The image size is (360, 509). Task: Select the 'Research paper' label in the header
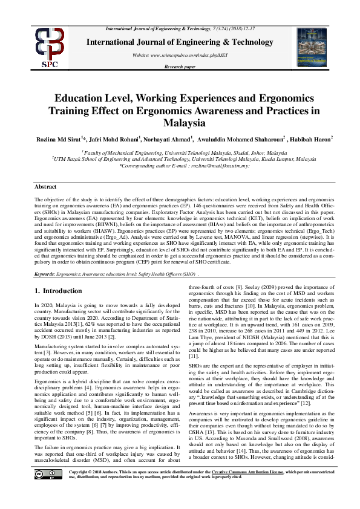coord(180,66)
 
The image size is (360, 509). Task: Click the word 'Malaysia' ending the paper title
coord(180,123)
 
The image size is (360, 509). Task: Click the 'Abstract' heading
coord(45,187)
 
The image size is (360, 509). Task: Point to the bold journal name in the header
coord(180,42)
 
